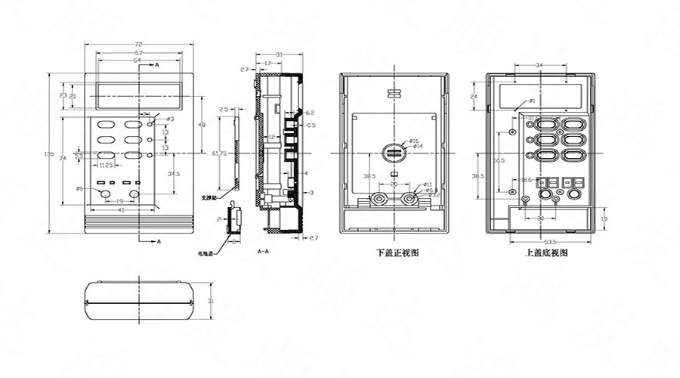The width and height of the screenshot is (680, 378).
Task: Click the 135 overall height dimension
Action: (49, 154)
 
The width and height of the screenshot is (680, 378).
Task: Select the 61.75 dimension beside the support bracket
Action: (220, 153)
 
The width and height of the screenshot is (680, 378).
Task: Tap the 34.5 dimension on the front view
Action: (173, 174)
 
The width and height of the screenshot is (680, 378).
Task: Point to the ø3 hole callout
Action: (169, 119)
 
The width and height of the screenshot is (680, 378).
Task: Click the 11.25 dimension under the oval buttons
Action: (106, 164)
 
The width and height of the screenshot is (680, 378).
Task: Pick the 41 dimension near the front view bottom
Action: (120, 209)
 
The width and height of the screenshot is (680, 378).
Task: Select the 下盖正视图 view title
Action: (397, 253)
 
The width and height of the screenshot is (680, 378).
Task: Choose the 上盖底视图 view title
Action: (546, 253)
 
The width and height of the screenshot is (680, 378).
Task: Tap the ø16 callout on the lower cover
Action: (414, 141)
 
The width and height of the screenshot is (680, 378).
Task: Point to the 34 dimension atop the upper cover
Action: (539, 67)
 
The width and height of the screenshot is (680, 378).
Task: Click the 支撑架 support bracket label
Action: (208, 197)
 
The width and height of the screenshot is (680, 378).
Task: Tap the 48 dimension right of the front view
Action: (201, 124)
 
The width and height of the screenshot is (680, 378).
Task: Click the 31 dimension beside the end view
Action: (211, 301)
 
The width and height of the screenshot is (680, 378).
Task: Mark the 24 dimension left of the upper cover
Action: (474, 98)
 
